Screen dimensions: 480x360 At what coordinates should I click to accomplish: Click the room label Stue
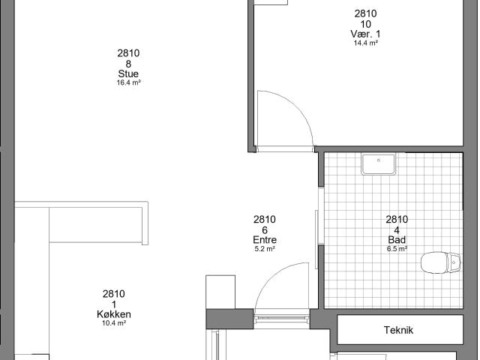click(128, 73)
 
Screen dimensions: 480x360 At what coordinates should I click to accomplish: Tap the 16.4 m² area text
click(128, 82)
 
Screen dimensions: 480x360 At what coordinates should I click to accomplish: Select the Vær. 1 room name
click(365, 34)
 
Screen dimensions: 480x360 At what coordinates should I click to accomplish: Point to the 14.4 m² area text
click(366, 43)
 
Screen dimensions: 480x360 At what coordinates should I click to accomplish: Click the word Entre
click(265, 240)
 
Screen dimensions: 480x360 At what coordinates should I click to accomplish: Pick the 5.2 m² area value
click(265, 249)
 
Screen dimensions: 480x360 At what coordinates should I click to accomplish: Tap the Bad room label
click(397, 240)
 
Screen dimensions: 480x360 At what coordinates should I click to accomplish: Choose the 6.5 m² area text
click(397, 249)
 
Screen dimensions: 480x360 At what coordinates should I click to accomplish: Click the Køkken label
click(114, 314)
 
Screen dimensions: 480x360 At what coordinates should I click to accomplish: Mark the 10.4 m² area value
click(114, 323)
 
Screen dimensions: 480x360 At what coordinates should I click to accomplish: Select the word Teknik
click(398, 330)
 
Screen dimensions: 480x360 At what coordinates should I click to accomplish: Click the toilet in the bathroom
click(440, 262)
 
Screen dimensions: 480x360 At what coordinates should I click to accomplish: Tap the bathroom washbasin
click(379, 164)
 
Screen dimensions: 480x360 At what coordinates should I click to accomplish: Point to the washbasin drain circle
click(379, 160)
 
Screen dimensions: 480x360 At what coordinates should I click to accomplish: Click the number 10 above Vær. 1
click(365, 24)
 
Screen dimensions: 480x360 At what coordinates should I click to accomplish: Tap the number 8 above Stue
click(128, 64)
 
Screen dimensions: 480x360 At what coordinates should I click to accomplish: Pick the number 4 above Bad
click(397, 230)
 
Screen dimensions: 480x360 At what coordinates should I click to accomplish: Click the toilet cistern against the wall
click(454, 262)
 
